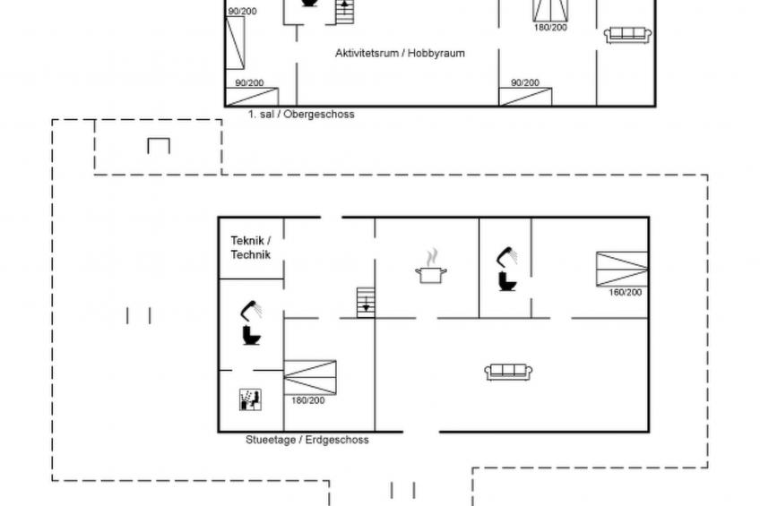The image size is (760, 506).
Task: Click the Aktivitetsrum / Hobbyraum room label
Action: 400,53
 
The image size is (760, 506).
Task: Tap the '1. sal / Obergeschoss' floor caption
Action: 301,115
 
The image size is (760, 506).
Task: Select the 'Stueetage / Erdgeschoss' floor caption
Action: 307,440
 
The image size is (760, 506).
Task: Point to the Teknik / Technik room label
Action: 251,247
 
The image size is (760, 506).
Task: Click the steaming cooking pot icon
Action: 431,266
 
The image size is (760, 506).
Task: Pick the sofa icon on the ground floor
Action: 508,372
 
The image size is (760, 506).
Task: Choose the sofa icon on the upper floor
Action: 627,35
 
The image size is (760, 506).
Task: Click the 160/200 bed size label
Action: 626,293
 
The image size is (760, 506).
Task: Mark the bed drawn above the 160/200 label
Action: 622,269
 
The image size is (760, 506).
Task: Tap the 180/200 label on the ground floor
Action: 307,400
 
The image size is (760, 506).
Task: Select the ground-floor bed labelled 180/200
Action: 310,377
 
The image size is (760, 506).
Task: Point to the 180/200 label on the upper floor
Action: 550,28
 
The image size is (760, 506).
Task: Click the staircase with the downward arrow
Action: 366,303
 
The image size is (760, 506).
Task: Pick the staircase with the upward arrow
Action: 345,12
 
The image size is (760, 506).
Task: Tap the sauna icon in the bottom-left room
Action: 251,399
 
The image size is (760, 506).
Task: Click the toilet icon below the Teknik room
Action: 252,336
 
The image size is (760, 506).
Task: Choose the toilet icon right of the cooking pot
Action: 507,282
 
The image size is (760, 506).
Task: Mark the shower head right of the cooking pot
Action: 507,257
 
